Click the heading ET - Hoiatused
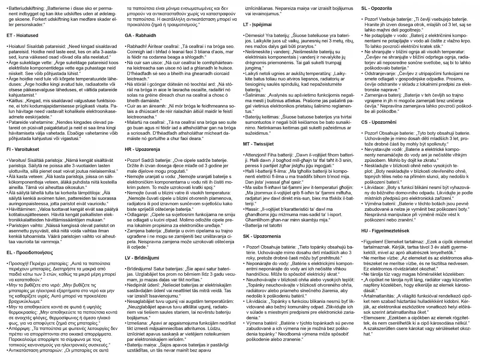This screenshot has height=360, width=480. click(22, 35)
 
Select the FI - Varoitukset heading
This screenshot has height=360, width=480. click(23, 149)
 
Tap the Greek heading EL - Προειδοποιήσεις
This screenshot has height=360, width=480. click(30, 253)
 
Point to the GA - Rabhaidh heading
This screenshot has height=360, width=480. click(140, 35)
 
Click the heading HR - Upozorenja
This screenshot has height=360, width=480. click(142, 149)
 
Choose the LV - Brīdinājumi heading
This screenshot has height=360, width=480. click(142, 258)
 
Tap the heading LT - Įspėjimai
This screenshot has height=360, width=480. click(257, 25)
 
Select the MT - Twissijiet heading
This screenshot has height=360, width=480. click(258, 144)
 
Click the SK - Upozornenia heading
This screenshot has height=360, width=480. click(262, 236)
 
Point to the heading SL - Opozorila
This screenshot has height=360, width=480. click(376, 8)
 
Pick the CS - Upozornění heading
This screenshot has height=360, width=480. click(379, 122)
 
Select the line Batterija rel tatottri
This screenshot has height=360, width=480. click(264, 225)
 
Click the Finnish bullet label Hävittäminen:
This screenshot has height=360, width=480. click(22, 209)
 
